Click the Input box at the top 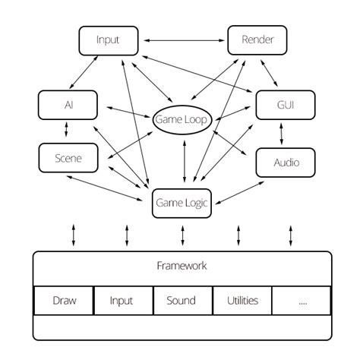(109, 39)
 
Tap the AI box (68, 105)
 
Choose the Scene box (68, 157)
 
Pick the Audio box (285, 162)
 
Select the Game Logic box (182, 203)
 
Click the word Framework (182, 266)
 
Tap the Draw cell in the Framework (65, 300)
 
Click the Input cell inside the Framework (122, 300)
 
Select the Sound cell (181, 300)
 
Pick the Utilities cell (242, 300)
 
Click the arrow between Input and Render (184, 39)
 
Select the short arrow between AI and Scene (67, 131)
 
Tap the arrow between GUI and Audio (283, 134)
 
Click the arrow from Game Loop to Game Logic (183, 163)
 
